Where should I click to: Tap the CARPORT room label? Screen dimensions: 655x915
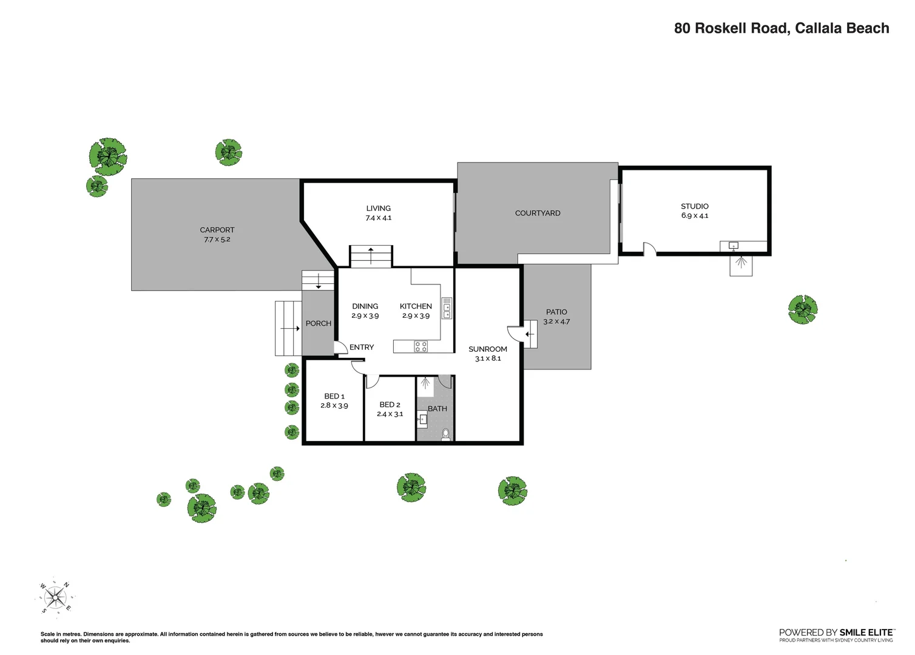pos(217,230)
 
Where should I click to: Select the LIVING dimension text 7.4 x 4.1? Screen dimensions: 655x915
pos(378,218)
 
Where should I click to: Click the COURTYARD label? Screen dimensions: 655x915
pos(538,213)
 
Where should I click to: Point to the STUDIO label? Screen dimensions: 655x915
pos(694,206)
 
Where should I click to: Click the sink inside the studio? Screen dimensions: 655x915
pos(734,246)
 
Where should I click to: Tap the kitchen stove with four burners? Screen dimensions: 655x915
pos(420,346)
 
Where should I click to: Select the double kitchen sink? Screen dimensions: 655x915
pos(447,308)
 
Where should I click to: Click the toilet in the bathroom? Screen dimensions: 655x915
pos(446,434)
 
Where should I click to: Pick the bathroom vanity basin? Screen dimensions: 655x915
pos(422,418)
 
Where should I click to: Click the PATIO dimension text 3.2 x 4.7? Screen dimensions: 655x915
pos(556,321)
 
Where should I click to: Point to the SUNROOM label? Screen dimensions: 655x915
pos(487,349)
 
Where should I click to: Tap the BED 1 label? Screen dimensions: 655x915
pos(334,396)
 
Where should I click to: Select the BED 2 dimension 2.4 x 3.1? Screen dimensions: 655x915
pos(390,414)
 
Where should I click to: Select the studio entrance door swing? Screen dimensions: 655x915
pos(650,249)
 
